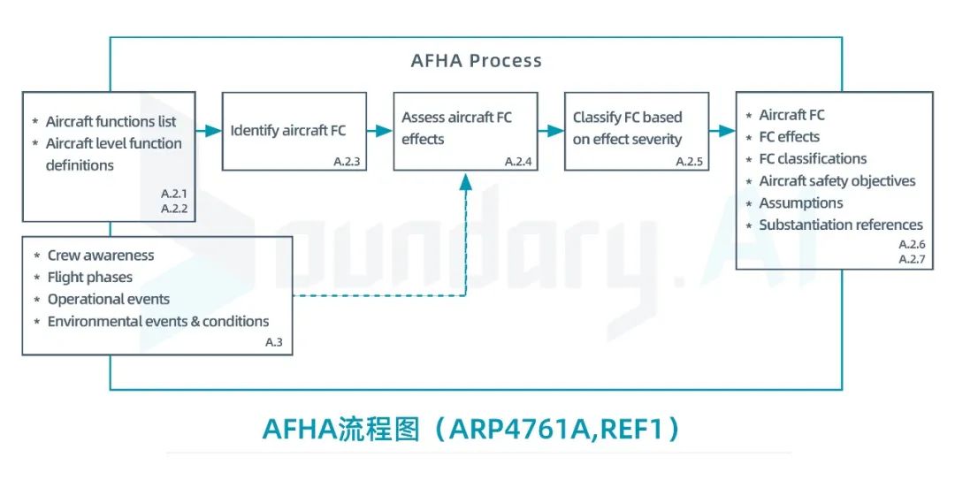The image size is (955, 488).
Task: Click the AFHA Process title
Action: click(x=476, y=61)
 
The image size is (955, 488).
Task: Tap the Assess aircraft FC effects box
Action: click(x=466, y=130)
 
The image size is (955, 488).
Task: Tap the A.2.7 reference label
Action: click(x=911, y=259)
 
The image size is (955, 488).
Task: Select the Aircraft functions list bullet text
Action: click(x=111, y=121)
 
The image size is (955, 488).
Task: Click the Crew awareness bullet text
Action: click(x=100, y=255)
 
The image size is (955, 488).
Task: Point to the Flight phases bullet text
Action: click(x=90, y=278)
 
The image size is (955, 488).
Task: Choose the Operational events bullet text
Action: click(x=108, y=299)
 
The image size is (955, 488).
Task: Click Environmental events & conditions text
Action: click(x=158, y=321)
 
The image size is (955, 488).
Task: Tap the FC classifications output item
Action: click(x=813, y=159)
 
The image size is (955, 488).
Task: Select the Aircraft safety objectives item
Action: click(x=837, y=181)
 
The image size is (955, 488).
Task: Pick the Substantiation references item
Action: click(x=840, y=225)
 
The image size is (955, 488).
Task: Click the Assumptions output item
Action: click(x=801, y=203)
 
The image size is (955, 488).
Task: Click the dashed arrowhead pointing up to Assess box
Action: click(x=466, y=180)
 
